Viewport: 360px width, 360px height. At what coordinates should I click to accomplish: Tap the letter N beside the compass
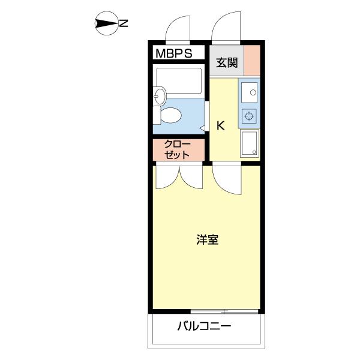pyautogui.click(x=124, y=24)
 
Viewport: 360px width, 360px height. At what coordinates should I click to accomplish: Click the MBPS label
pyautogui.click(x=174, y=53)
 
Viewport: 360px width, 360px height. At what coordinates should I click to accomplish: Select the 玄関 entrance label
pyautogui.click(x=227, y=62)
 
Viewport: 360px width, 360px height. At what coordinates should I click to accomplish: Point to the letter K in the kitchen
pyautogui.click(x=220, y=125)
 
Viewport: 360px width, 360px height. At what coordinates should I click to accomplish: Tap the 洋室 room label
pyautogui.click(x=207, y=240)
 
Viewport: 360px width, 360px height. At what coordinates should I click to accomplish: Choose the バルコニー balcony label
pyautogui.click(x=204, y=327)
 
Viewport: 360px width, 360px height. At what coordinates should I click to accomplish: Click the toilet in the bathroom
pyautogui.click(x=172, y=115)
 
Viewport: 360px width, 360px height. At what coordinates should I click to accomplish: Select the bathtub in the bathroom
pyautogui.click(x=178, y=80)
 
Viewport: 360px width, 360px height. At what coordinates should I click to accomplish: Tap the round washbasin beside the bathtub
pyautogui.click(x=158, y=95)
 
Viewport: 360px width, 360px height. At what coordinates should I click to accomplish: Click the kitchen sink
pyautogui.click(x=249, y=92)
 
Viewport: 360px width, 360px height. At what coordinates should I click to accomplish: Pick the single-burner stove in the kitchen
pyautogui.click(x=249, y=116)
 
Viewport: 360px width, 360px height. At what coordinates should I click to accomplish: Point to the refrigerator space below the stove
pyautogui.click(x=249, y=143)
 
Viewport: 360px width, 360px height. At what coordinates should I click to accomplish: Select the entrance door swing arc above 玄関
pyautogui.click(x=226, y=28)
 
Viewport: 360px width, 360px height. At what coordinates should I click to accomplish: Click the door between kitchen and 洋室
pyautogui.click(x=227, y=180)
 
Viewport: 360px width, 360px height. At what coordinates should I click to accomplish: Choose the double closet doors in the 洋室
pyautogui.click(x=178, y=177)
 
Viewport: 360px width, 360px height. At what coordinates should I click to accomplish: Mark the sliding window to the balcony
pyautogui.click(x=224, y=311)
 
